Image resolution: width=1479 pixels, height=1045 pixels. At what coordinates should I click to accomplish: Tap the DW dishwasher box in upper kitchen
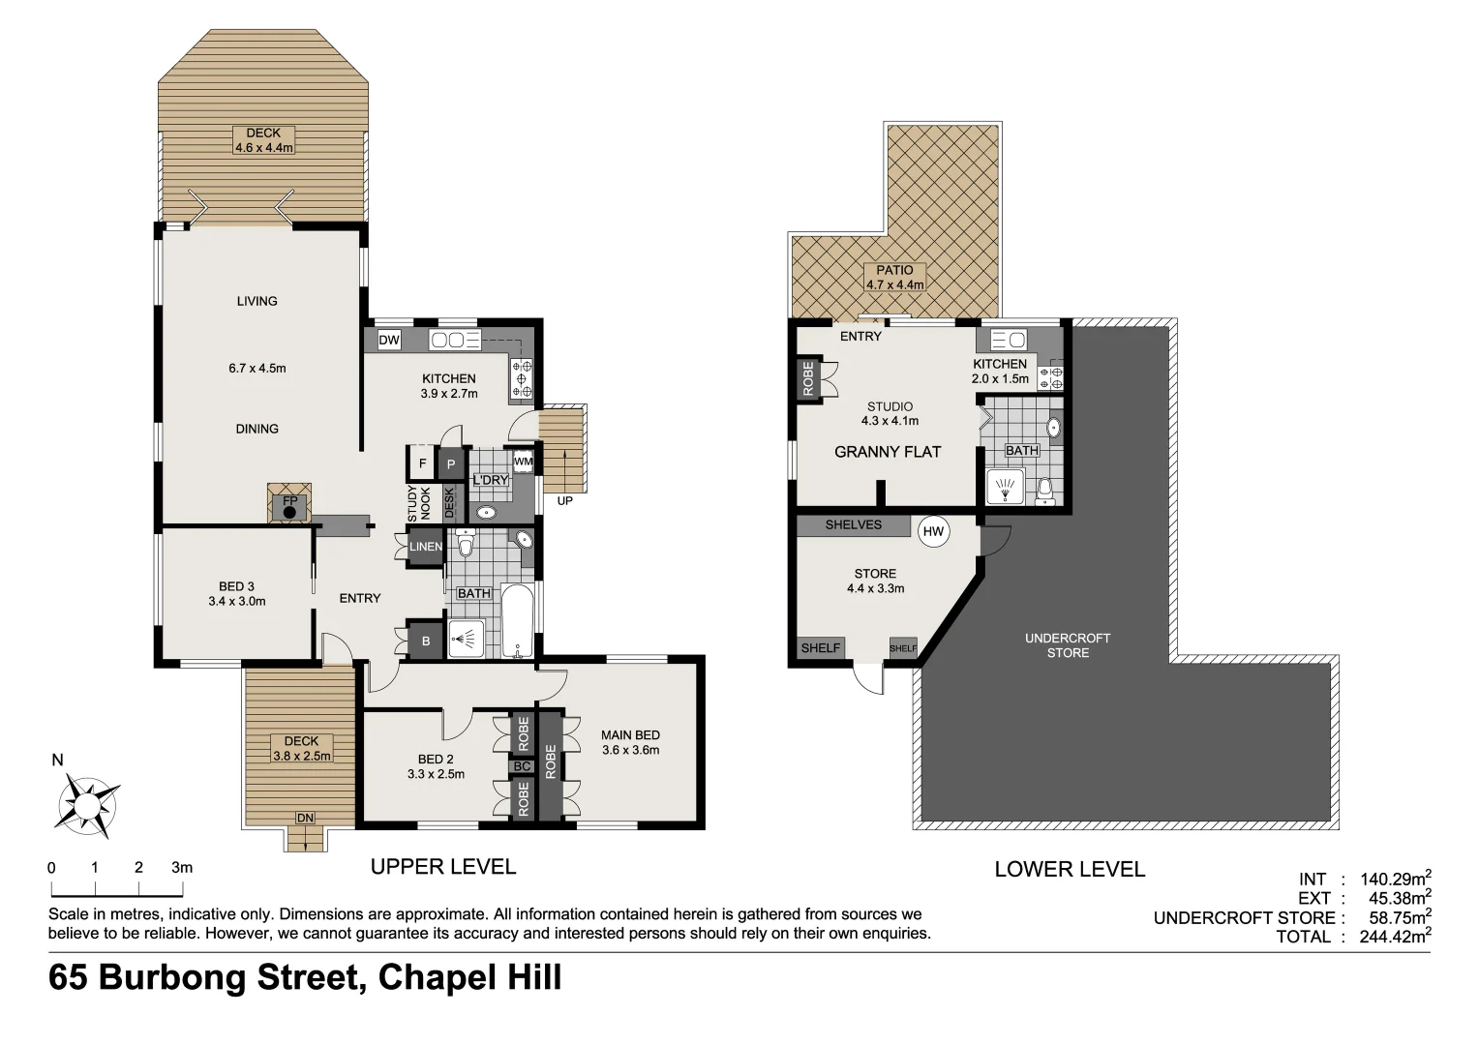[389, 340]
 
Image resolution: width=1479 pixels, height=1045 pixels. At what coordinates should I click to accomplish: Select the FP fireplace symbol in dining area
[289, 505]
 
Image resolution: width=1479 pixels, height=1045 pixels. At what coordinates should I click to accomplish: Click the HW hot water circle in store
[933, 531]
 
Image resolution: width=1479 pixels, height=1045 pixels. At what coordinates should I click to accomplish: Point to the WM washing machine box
[523, 463]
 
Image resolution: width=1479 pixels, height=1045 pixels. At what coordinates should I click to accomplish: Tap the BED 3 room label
[236, 586]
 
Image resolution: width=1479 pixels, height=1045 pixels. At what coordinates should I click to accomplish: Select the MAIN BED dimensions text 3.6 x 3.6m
[630, 750]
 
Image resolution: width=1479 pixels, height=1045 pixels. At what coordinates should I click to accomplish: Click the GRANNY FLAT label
[888, 452]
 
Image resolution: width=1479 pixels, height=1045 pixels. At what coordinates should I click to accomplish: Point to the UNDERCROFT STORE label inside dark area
[1068, 645]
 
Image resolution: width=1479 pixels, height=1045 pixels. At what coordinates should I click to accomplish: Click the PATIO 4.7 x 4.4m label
[894, 278]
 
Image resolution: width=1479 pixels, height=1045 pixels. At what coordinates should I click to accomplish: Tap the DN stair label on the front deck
[305, 819]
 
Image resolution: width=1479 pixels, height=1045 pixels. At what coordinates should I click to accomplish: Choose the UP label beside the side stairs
[564, 501]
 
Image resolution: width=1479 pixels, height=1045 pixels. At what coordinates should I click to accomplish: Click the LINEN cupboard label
[426, 547]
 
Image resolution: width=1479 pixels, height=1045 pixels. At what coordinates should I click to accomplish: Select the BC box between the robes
[523, 766]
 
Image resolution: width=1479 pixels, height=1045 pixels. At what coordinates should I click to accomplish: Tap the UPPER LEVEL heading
[443, 867]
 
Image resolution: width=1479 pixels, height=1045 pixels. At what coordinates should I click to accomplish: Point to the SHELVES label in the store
[853, 524]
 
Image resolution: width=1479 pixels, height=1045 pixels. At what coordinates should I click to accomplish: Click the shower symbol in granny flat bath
[1006, 488]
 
